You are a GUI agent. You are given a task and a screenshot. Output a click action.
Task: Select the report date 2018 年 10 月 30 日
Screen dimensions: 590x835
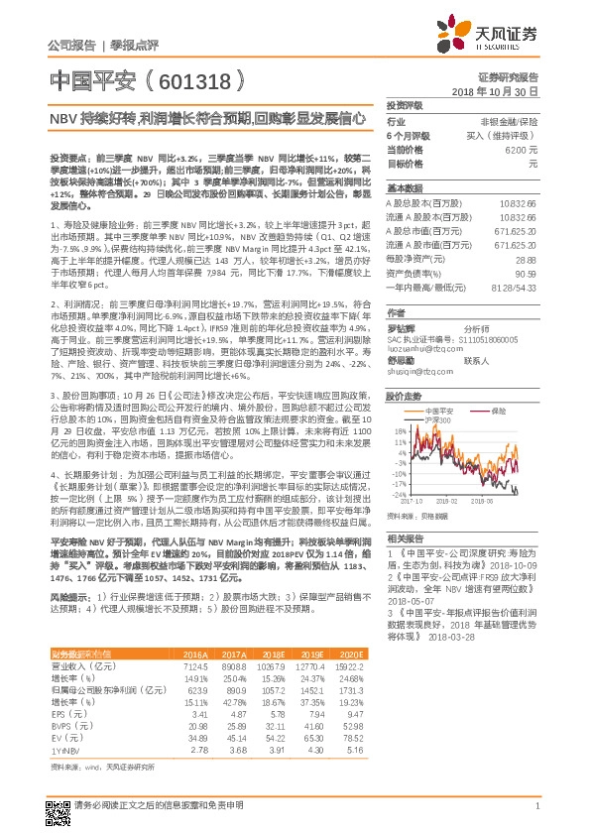(x=501, y=90)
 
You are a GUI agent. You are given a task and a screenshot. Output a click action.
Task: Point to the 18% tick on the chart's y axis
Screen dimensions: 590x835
(x=401, y=431)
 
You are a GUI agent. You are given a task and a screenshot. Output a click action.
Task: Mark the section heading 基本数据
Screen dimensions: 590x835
(x=404, y=187)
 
